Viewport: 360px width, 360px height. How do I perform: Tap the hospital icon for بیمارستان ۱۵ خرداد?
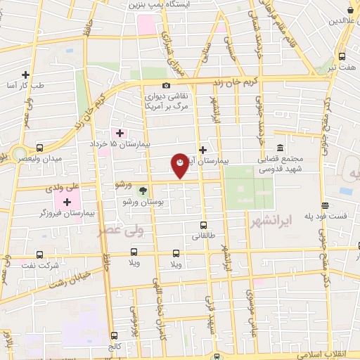[x=119, y=133]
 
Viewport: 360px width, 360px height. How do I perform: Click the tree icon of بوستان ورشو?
[x=143, y=191]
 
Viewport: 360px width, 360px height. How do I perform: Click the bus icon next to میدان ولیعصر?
[x=39, y=148]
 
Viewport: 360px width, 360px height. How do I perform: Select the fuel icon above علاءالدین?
[x=351, y=10]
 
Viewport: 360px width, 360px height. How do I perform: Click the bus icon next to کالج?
[x=114, y=336]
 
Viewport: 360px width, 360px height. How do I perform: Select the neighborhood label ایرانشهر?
[x=270, y=221]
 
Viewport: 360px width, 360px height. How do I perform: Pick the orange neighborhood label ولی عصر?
[x=127, y=231]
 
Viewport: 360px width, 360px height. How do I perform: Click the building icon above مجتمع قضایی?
[x=281, y=148]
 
